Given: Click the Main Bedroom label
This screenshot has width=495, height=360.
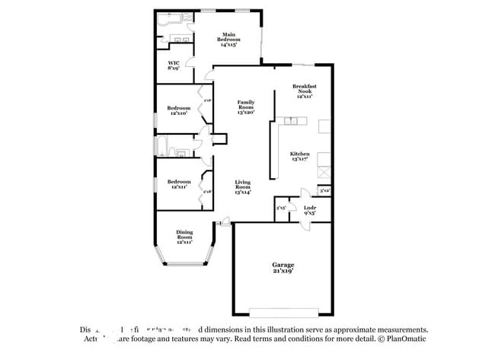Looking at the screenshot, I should point(228,40).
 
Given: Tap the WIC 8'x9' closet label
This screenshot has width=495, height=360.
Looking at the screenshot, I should point(173,65).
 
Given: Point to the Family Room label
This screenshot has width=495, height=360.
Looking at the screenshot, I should point(245,107).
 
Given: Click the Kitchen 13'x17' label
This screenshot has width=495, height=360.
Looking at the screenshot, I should point(299,157).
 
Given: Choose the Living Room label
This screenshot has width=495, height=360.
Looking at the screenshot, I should point(243,186).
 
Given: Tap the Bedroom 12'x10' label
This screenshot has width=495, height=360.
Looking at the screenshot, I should point(178,111).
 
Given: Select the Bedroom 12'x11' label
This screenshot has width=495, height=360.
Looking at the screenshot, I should point(178,185).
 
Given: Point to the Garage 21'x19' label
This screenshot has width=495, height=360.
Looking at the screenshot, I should point(283,267).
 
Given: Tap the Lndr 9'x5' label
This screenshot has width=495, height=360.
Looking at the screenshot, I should point(310,210).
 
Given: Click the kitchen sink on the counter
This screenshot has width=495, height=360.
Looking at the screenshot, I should point(291,121).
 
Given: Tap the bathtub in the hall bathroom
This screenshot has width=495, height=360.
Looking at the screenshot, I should point(162,145).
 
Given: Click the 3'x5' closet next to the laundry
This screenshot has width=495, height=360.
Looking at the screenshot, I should point(280,208).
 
